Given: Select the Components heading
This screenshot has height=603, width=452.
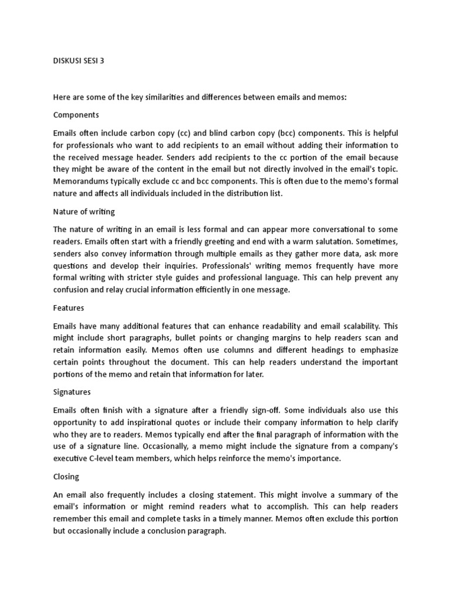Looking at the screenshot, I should click(x=76, y=114).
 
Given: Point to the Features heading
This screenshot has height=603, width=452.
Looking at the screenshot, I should click(x=69, y=307).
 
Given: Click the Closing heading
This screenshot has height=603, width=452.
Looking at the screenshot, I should click(x=66, y=476).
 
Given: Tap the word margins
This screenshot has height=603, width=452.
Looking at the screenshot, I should click(x=298, y=338).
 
